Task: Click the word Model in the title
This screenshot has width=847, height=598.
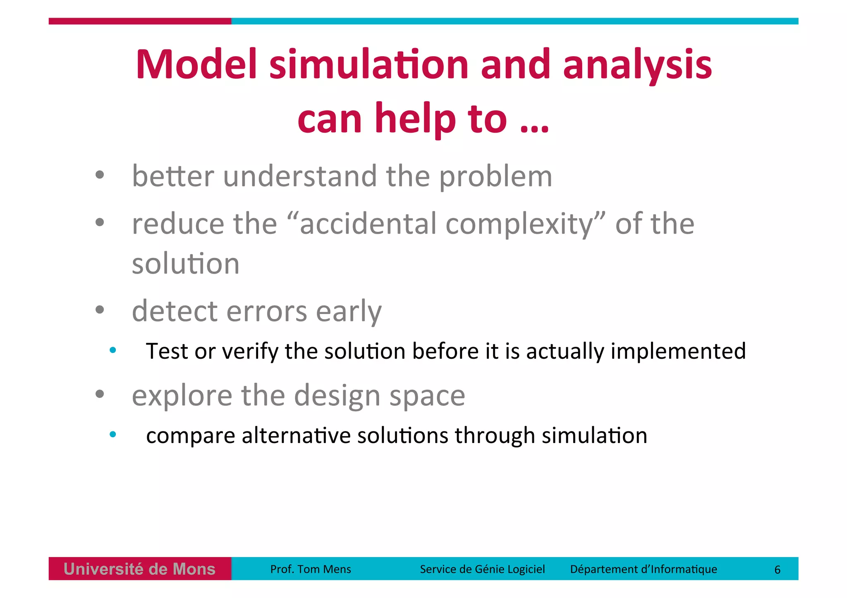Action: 197,65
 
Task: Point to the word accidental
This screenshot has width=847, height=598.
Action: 368,224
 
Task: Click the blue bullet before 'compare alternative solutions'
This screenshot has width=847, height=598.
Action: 112,434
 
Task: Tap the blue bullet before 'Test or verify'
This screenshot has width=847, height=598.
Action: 112,350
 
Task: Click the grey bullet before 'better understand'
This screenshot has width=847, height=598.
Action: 100,175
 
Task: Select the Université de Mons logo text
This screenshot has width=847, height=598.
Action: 139,569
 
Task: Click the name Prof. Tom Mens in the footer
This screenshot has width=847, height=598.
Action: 310,569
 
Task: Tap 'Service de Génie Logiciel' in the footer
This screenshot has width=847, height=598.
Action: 482,569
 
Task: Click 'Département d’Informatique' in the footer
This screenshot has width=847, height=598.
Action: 643,569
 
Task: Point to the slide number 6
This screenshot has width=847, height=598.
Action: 777,569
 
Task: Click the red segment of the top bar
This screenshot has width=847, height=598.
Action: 139,21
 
